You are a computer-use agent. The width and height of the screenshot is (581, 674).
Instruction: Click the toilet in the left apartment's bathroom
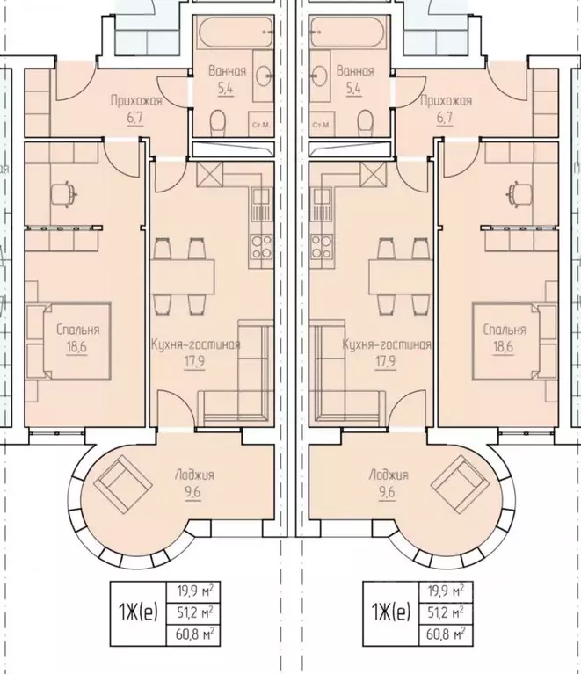pyautogui.click(x=218, y=121)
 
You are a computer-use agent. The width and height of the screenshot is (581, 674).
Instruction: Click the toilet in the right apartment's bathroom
pyautogui.click(x=365, y=121)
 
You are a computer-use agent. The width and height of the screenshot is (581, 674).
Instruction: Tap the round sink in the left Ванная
pyautogui.click(x=262, y=76)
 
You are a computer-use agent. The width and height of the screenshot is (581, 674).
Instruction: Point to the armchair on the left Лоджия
pyautogui.click(x=123, y=480)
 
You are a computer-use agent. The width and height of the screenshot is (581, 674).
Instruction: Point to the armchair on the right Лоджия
pyautogui.click(x=460, y=480)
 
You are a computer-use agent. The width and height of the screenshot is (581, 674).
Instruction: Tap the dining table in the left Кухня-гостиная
pyautogui.click(x=182, y=276)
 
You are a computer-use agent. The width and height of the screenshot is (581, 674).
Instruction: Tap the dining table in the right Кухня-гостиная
pyautogui.click(x=401, y=276)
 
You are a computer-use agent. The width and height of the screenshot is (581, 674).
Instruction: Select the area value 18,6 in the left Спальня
pyautogui.click(x=76, y=347)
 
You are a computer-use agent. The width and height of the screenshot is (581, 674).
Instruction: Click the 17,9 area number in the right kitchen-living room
pyautogui.click(x=386, y=362)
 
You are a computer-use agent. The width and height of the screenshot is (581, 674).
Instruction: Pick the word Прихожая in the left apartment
pyautogui.click(x=136, y=101)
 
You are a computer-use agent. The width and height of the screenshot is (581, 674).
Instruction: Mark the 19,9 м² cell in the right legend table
pyautogui.click(x=446, y=591)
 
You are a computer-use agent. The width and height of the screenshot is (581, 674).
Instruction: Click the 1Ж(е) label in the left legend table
pyautogui.click(x=138, y=612)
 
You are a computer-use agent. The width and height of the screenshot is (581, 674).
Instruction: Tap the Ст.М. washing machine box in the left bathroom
pyautogui.click(x=260, y=125)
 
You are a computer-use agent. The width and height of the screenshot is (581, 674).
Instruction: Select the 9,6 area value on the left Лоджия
pyautogui.click(x=193, y=492)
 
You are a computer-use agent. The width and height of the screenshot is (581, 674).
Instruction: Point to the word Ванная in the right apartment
pyautogui.click(x=355, y=71)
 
